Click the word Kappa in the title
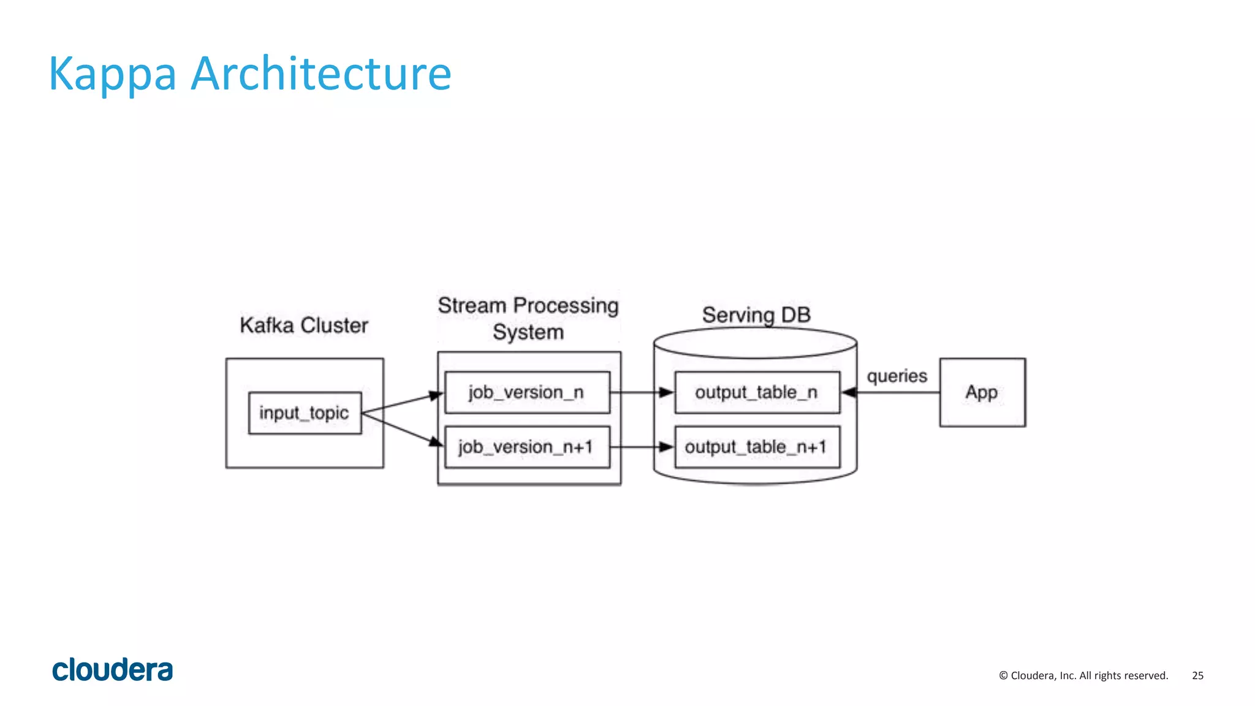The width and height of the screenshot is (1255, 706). [112, 75]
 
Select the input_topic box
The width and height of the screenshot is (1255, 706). [305, 413]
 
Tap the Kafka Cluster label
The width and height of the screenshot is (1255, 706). [304, 325]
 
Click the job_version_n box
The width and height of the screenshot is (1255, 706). [527, 392]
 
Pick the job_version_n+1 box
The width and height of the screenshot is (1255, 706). [527, 447]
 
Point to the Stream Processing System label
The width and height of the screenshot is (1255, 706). [528, 319]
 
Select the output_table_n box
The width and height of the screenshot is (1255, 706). [757, 392]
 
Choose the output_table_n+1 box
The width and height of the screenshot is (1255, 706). [757, 447]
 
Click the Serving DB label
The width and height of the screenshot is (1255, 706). [756, 315]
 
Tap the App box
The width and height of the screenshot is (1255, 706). [982, 392]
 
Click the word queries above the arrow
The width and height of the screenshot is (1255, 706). [897, 376]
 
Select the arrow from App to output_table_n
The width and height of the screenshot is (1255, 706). [892, 392]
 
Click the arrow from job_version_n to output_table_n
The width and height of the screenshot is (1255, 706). [642, 392]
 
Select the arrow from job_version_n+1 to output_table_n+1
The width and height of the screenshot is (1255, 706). [642, 447]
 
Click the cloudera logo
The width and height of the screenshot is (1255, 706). [113, 670]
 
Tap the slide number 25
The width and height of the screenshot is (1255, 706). [1197, 675]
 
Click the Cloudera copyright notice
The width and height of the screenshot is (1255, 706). [1083, 675]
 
